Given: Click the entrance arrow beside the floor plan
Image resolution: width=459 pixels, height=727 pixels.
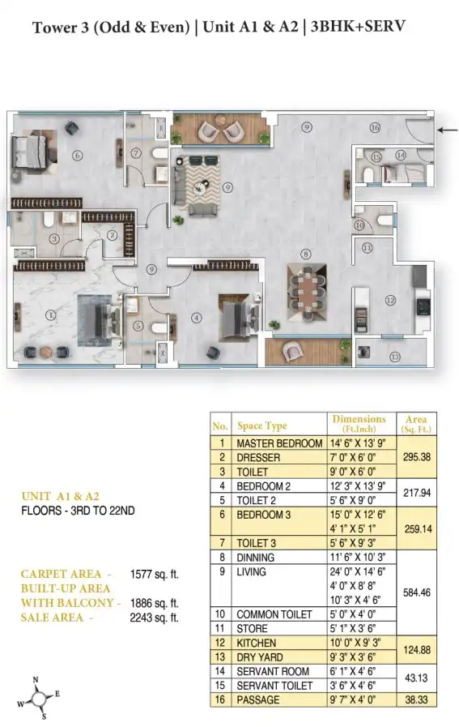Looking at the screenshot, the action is coord(448,130).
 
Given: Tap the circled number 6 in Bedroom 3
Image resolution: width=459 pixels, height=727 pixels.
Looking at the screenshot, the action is coord(78,156).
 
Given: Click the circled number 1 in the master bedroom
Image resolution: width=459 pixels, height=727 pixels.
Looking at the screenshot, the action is coord(50,315).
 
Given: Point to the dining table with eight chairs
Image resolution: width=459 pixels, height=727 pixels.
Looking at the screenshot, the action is coord(306,292).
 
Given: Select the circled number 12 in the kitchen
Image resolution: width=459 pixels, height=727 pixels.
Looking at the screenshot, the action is coord(390,301).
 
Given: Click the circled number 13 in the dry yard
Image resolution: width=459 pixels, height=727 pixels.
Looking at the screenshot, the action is coord(394,357).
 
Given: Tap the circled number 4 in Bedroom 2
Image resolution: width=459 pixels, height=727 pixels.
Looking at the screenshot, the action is coord(197,318).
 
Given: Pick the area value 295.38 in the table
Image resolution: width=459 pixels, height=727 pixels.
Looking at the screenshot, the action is coord(417,457).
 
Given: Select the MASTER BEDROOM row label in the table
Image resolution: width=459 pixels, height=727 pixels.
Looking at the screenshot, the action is coord(279,443).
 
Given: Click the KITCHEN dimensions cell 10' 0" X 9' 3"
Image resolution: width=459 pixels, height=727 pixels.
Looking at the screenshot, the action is coord(355,643).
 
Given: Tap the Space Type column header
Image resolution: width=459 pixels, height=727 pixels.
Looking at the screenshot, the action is coord(262,426).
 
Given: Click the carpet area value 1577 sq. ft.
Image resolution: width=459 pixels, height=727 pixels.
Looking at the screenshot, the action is coord(155,575).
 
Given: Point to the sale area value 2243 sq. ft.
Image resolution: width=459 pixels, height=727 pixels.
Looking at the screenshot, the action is coord(155,618).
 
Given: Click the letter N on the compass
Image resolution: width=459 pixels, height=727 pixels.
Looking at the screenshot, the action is coord(36,680).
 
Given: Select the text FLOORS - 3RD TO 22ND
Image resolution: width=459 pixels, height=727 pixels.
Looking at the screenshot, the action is coord(78,511).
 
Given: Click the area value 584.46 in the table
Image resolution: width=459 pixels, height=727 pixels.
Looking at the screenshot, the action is coord(417,592).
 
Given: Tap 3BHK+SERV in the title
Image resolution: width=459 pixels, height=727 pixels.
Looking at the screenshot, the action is coord(358,27).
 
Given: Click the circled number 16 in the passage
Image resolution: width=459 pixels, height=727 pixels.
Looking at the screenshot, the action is coord(375,127).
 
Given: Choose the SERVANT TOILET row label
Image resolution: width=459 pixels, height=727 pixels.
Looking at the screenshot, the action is coord(274,686).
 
